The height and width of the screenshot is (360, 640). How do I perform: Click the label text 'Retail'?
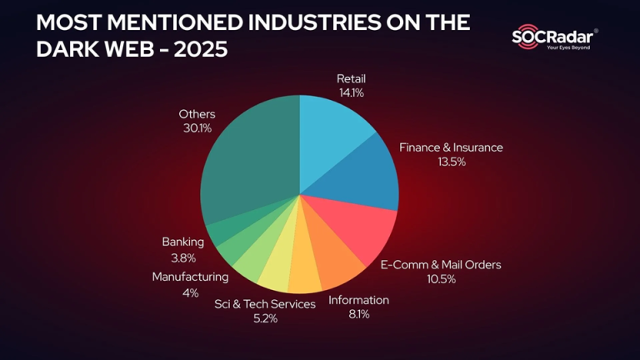tap(352, 79)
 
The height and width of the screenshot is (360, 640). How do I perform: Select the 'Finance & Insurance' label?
tap(451, 147)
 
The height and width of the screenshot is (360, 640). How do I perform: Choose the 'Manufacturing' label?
tap(189, 277)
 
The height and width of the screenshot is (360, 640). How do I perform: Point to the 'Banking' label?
tap(182, 242)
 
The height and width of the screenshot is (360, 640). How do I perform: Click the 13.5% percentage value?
tap(451, 162)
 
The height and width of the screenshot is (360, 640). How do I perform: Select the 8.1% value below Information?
tap(358, 314)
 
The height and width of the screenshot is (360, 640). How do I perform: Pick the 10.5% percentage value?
tap(441, 279)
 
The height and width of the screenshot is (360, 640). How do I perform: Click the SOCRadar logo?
tap(555, 37)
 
